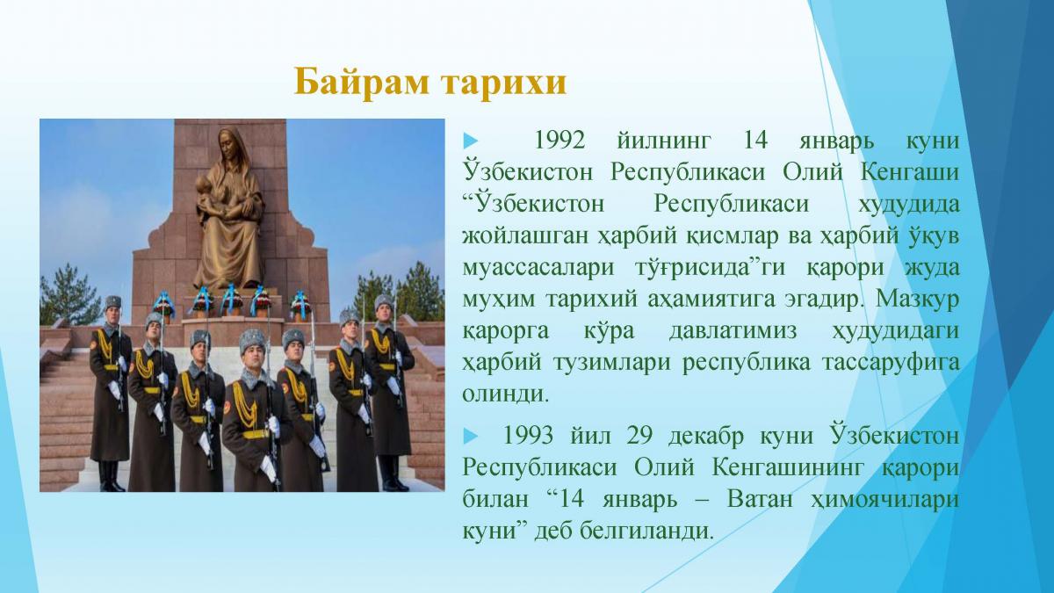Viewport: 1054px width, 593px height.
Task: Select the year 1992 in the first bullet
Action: (x=560, y=140)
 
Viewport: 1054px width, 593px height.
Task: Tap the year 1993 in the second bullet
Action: (x=528, y=436)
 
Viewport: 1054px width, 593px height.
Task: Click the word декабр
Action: (x=706, y=436)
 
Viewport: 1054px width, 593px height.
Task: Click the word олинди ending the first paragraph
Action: (x=506, y=394)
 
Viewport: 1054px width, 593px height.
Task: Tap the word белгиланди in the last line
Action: (x=647, y=532)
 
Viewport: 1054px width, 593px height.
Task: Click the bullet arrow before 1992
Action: (x=471, y=141)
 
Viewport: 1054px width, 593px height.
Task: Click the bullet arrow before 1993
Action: (x=471, y=436)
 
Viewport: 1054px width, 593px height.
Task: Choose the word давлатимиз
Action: (x=733, y=331)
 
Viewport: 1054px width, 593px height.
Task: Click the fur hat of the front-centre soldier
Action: (x=252, y=340)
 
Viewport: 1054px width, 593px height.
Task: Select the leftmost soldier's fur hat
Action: (x=113, y=301)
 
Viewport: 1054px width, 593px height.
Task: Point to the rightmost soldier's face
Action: (x=384, y=311)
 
